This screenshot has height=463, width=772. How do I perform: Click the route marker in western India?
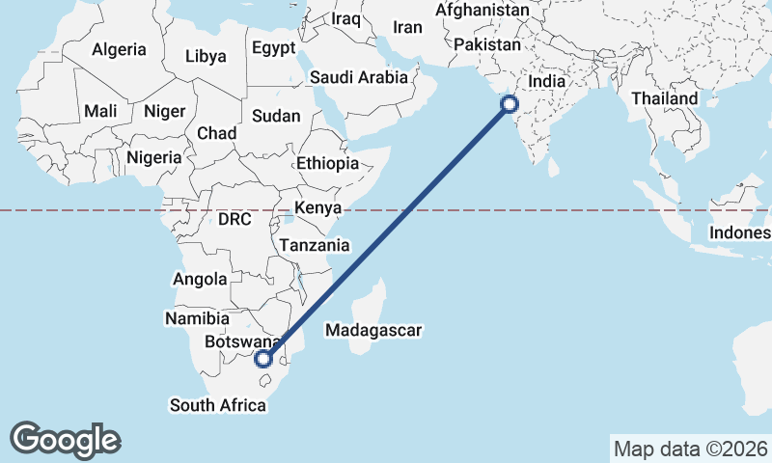point(510,105)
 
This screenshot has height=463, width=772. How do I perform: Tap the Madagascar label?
point(374,331)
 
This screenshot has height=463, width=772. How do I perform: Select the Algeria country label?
point(119,49)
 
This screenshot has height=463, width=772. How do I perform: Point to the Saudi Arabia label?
point(358,78)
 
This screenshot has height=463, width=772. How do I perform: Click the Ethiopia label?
point(328,163)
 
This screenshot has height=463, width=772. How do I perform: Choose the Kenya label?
point(317,208)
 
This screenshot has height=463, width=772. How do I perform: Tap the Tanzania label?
point(315,245)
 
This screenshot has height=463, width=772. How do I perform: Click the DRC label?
point(234,220)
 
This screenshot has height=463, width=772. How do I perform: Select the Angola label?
point(198,280)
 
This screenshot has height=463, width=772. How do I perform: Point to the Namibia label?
point(197,318)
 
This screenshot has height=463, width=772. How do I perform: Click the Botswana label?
point(241,341)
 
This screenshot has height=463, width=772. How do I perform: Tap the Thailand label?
point(664,98)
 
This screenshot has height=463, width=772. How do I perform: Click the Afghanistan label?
point(482,11)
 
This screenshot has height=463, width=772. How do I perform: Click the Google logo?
point(66,439)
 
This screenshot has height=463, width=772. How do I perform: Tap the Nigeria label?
point(153,156)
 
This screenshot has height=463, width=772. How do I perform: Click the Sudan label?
point(276,116)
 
